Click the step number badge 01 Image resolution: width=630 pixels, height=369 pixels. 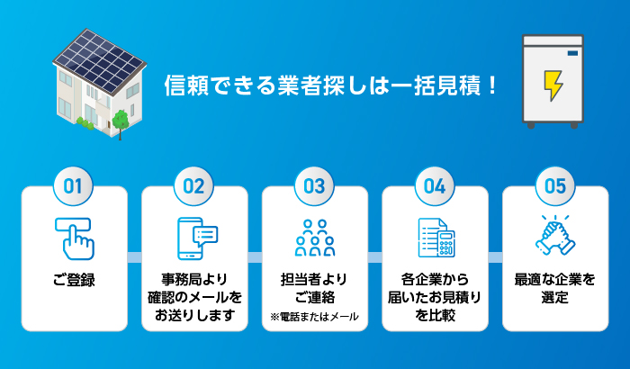click(74, 186)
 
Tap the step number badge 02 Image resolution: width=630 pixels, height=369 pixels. click(194, 186)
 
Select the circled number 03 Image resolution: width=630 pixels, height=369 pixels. click(314, 186)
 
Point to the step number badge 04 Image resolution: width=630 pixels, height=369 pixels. click(435, 186)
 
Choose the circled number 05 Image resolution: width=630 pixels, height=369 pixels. click(555, 186)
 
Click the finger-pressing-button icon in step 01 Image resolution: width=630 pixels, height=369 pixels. click(74, 237)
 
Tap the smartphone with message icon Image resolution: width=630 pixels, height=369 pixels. click(197, 237)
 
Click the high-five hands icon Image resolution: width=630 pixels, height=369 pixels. click(555, 236)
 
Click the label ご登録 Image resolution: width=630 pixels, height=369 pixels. click(74, 280)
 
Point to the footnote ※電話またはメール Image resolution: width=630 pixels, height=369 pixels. click(315, 316)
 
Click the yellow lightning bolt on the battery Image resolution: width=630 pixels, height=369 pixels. click(550, 85)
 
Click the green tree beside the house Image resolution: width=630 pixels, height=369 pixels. click(118, 121)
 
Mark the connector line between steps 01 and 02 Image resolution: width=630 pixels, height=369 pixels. click(134, 257)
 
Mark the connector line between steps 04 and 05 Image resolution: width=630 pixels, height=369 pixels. click(495, 257)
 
